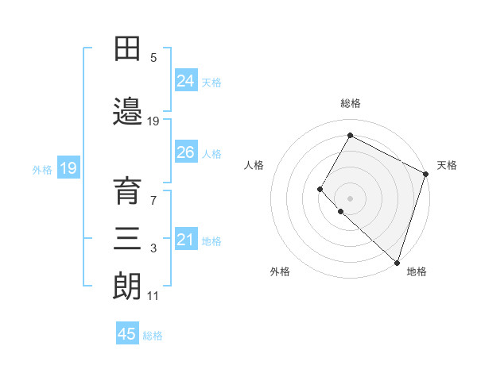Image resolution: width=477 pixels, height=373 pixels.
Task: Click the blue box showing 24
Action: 185,80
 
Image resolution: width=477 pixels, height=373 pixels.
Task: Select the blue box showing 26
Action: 185,152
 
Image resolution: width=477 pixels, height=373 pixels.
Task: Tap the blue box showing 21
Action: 185,240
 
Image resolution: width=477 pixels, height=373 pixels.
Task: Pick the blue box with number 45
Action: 127,334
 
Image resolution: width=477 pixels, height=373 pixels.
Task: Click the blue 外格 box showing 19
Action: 68,167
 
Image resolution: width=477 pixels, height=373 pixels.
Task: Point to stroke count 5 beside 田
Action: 153,58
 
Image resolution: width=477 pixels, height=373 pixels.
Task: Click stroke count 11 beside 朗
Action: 153,296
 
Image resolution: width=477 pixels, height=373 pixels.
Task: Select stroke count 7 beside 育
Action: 153,200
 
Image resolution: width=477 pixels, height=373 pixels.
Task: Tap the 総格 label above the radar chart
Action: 350,103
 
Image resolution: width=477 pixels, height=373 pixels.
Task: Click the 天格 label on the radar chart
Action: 447,165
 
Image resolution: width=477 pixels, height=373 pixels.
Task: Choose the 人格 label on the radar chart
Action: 254,165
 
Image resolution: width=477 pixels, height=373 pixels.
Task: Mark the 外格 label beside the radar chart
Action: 280,272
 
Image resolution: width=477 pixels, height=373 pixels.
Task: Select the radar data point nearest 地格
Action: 397,263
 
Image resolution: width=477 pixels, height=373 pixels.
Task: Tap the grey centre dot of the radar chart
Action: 350,198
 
